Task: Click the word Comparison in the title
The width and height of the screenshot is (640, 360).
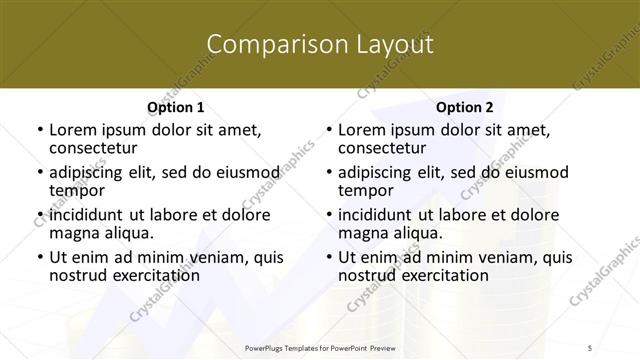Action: click(267, 44)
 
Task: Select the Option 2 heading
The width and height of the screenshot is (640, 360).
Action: click(465, 107)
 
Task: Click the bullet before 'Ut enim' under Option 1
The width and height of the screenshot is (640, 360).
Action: click(39, 257)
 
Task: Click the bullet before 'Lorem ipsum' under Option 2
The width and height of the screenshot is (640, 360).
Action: click(328, 130)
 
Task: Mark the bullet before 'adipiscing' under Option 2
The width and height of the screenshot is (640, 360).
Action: click(328, 172)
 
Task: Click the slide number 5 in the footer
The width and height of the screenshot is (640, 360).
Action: click(619, 348)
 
